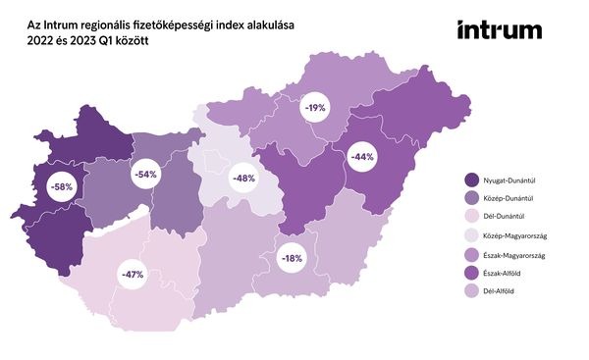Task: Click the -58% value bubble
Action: [x=61, y=185]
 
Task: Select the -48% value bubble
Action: [x=242, y=179]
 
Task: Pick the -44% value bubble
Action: [x=363, y=157]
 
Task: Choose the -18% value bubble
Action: [x=292, y=258]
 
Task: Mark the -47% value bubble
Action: [x=131, y=274]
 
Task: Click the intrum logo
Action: [x=499, y=30]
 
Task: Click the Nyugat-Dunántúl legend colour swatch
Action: [x=472, y=178]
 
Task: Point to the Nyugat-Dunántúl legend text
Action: [x=519, y=178]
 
